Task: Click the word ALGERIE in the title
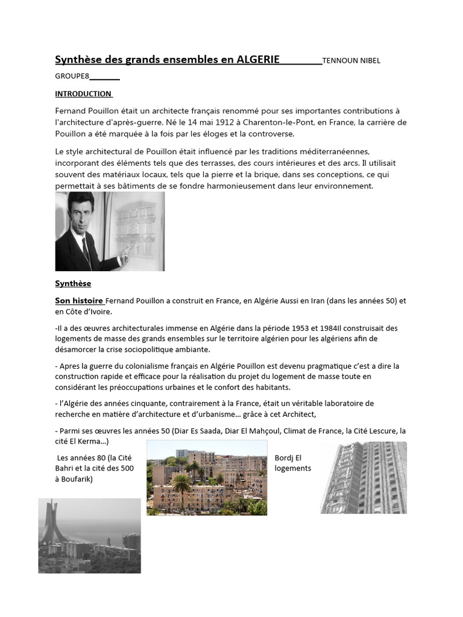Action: tap(257, 59)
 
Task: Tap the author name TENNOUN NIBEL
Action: tap(351, 60)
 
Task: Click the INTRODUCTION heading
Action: tap(83, 93)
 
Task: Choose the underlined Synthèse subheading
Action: tap(73, 283)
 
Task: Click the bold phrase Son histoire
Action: tap(79, 300)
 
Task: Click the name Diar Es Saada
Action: tap(198, 431)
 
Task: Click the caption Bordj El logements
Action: tap(292, 463)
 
